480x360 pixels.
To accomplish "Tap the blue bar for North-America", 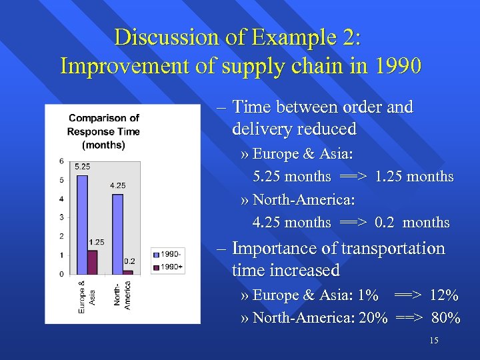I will click(x=118, y=233).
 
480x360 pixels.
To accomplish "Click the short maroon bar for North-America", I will click(x=128, y=271).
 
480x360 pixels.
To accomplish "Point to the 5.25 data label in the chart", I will click(x=83, y=166).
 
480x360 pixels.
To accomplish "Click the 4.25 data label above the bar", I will click(x=118, y=185).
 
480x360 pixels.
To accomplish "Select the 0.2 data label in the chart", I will click(x=130, y=261).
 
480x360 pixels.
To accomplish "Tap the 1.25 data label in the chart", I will click(x=95, y=242).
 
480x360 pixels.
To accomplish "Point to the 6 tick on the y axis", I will click(x=61, y=161).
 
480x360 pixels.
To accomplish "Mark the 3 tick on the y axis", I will click(x=61, y=217).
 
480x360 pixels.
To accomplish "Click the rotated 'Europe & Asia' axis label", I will click(x=87, y=296).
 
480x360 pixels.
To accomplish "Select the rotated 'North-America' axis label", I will click(x=122, y=294).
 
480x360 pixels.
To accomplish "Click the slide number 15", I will click(x=434, y=341).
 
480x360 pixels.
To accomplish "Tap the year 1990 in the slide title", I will click(x=398, y=66).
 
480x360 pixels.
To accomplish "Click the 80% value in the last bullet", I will click(x=445, y=318).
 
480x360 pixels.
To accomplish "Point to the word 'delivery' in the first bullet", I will click(x=263, y=129).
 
